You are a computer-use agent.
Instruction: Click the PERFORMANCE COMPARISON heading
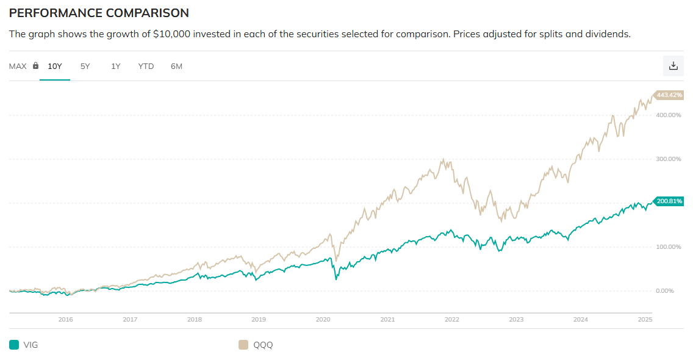tap(99, 13)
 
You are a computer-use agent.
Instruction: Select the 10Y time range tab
tap(55, 66)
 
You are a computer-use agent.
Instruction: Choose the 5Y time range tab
tap(85, 66)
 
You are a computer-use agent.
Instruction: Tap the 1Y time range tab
tap(115, 66)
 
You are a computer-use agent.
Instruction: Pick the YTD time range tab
tap(146, 66)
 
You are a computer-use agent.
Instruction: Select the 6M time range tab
tap(176, 66)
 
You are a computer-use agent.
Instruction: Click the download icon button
tap(673, 66)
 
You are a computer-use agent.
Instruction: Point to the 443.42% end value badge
tap(669, 95)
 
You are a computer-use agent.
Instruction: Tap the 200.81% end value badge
tap(669, 201)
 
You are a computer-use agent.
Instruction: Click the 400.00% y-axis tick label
tap(667, 115)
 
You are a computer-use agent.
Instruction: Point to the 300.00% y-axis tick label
tap(667, 159)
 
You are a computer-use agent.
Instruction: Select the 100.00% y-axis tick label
tap(667, 247)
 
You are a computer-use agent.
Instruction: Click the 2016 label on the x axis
tap(65, 319)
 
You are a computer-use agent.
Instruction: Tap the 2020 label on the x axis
tap(323, 319)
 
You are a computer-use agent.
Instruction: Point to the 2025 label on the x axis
tap(645, 319)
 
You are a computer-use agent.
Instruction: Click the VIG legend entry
tap(24, 345)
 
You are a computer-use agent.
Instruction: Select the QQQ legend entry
tap(256, 345)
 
